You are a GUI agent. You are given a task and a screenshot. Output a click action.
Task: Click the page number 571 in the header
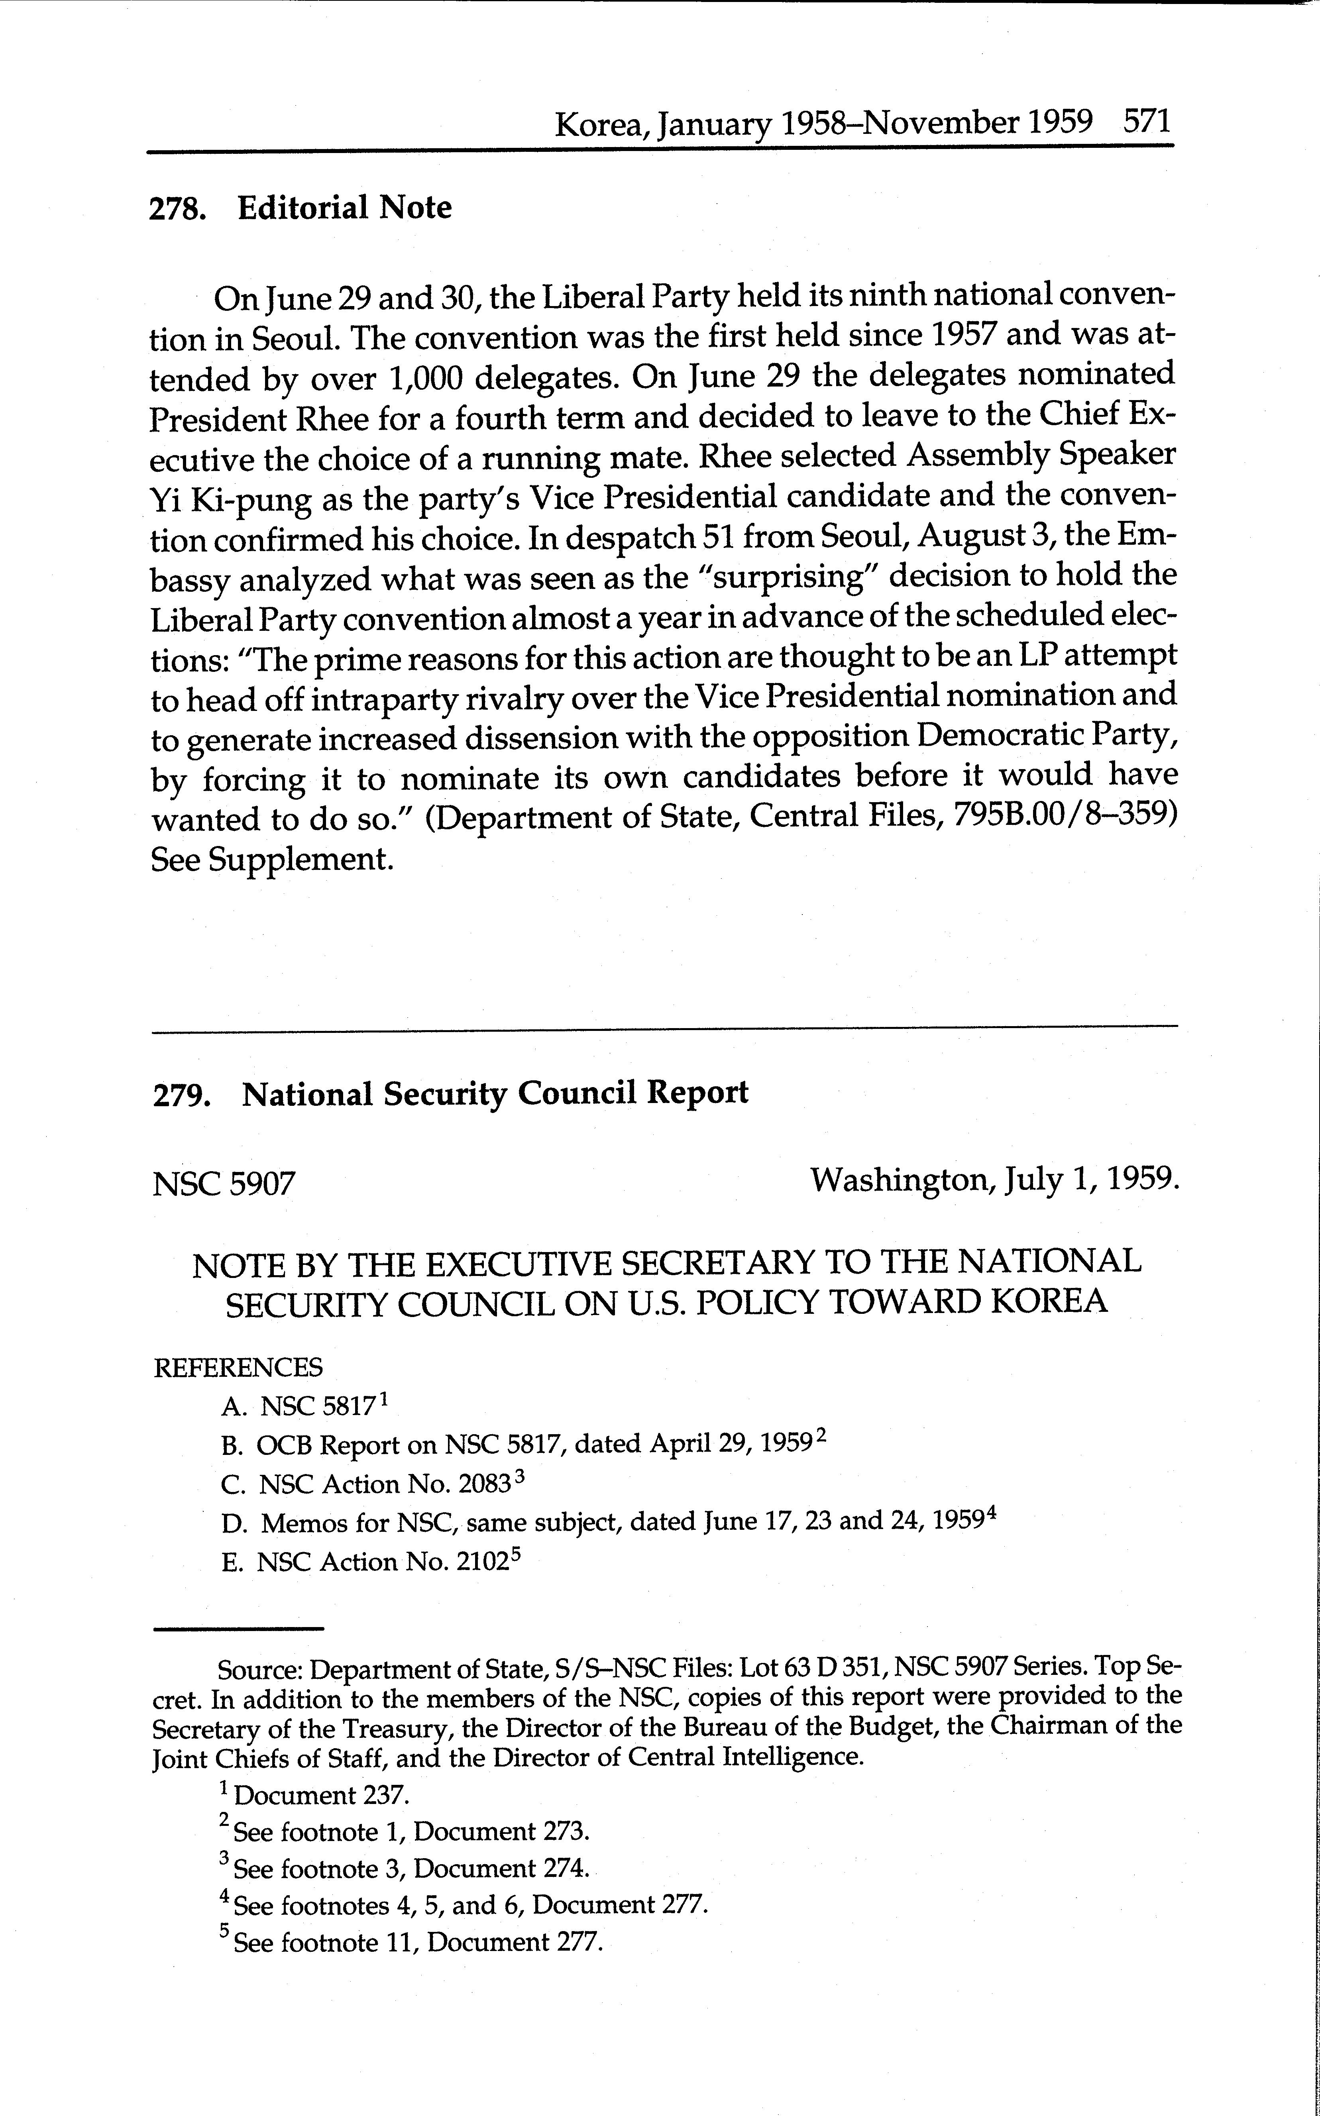[x=1146, y=120]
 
